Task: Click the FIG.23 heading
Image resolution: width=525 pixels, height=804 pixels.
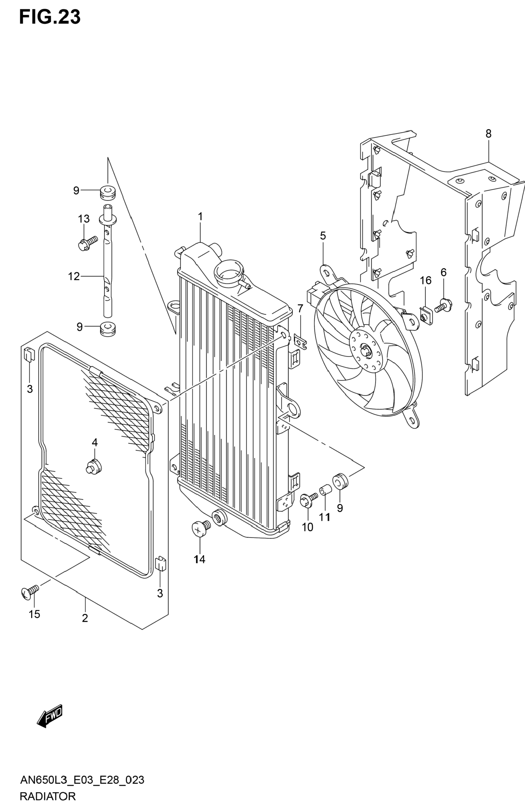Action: tap(50, 17)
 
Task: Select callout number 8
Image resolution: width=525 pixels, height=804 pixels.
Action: tap(488, 134)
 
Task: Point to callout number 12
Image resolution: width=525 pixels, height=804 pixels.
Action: tap(74, 276)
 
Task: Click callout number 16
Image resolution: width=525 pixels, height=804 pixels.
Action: tap(425, 280)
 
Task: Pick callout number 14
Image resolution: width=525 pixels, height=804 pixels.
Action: tap(199, 559)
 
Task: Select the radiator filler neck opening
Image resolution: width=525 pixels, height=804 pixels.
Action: tap(229, 272)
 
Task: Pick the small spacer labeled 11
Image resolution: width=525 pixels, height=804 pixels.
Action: tap(325, 489)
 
